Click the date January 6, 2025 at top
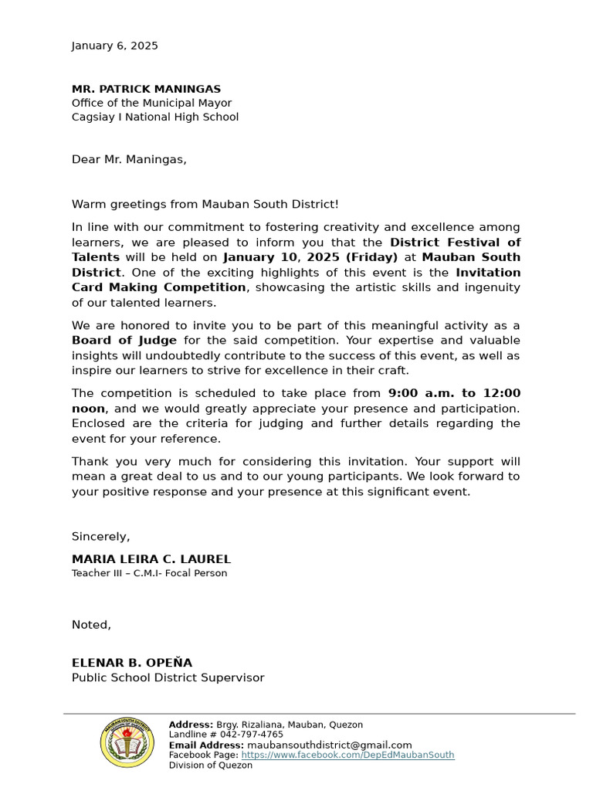pyautogui.click(x=114, y=46)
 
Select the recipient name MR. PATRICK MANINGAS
pyautogui.click(x=146, y=89)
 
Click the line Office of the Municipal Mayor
pyautogui.click(x=151, y=103)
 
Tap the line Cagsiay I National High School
pyautogui.click(x=155, y=117)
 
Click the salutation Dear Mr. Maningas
pyautogui.click(x=129, y=159)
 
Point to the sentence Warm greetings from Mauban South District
pyautogui.click(x=205, y=204)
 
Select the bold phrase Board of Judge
pyautogui.click(x=124, y=341)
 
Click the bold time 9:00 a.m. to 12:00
pyautogui.click(x=454, y=393)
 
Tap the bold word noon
pyautogui.click(x=88, y=409)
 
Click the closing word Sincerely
pyautogui.click(x=100, y=536)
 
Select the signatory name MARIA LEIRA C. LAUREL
pyautogui.click(x=151, y=559)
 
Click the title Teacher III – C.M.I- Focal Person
pyautogui.click(x=149, y=573)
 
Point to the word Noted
pyautogui.click(x=91, y=624)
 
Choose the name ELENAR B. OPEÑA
pyautogui.click(x=132, y=663)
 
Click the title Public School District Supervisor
pyautogui.click(x=168, y=677)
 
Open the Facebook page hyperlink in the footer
pyautogui.click(x=347, y=755)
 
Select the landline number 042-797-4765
pyautogui.click(x=252, y=735)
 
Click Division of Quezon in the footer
pyautogui.click(x=210, y=765)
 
